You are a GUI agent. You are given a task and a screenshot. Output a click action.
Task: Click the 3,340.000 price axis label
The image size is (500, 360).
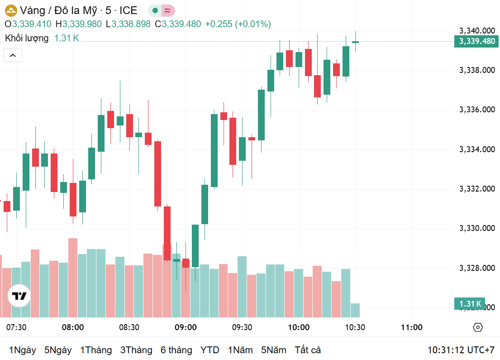click(477, 31)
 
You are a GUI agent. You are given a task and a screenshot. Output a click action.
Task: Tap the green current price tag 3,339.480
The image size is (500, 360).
click(477, 42)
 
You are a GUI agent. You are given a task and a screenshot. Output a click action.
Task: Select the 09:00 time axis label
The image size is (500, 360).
click(186, 327)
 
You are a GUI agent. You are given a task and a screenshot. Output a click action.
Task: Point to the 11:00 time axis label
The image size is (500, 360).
click(411, 327)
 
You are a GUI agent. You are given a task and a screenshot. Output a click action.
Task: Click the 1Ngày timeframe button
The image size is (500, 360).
click(22, 350)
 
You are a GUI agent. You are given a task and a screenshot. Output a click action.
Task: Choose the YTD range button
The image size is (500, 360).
click(210, 350)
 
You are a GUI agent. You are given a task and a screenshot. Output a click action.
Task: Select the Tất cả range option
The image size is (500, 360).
click(308, 350)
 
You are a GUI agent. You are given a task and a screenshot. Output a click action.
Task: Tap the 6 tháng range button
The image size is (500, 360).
click(176, 350)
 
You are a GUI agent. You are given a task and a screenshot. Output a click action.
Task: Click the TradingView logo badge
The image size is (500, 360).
click(19, 296)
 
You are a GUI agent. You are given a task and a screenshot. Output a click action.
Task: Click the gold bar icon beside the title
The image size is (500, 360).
click(11, 10)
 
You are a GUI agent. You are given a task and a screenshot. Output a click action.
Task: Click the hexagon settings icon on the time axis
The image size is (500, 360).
click(478, 327)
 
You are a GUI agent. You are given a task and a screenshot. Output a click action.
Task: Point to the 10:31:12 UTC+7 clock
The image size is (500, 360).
click(461, 350)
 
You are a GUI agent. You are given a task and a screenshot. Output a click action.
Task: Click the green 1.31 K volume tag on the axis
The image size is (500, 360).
click(470, 303)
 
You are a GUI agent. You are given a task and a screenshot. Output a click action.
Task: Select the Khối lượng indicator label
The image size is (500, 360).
click(27, 38)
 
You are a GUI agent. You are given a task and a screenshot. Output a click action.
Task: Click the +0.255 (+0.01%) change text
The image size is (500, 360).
click(238, 24)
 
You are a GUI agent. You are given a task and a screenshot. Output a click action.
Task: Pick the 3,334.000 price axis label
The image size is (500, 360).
click(477, 149)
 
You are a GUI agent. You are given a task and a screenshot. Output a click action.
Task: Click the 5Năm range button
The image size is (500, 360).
click(273, 350)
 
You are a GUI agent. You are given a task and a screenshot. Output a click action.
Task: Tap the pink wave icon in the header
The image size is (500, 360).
click(167, 10)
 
